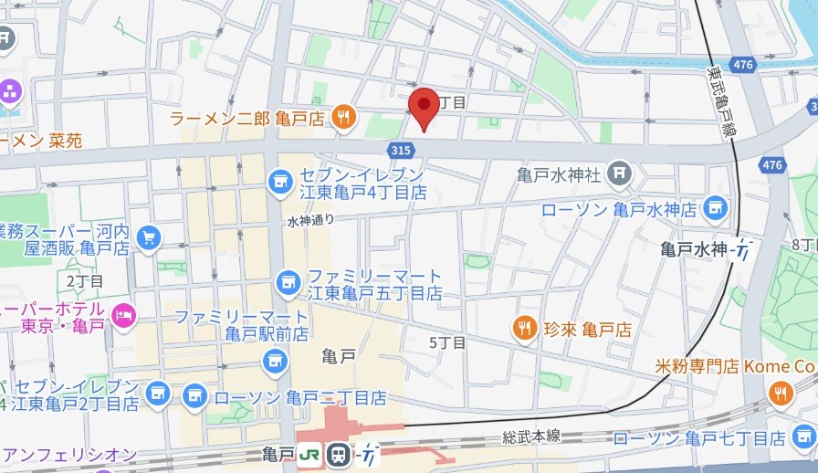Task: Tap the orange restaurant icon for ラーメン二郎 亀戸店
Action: pos(343,116)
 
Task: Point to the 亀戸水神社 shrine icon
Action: pos(620,172)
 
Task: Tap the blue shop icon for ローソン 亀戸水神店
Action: pos(715,209)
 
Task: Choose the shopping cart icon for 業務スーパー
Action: pos(147,238)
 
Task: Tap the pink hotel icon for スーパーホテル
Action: pos(122,316)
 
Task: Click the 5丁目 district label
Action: pos(446,343)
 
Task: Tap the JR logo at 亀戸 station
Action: pos(310,453)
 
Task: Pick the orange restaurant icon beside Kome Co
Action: pos(780,394)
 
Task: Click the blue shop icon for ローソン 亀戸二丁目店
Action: pos(193,397)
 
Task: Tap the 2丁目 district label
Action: pos(85,280)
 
